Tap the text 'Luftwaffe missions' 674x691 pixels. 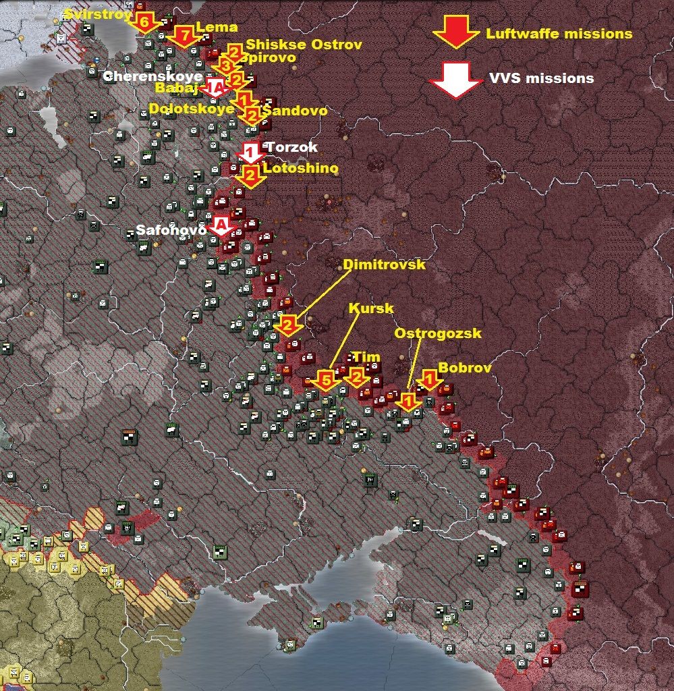(559, 34)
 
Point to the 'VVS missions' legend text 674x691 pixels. (542, 78)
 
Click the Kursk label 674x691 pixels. (370, 308)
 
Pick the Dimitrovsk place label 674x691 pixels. (384, 265)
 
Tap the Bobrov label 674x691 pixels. (465, 368)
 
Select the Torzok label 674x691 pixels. (291, 147)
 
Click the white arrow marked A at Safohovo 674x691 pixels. (221, 225)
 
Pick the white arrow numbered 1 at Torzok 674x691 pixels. (250, 151)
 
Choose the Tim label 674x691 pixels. (366, 357)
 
